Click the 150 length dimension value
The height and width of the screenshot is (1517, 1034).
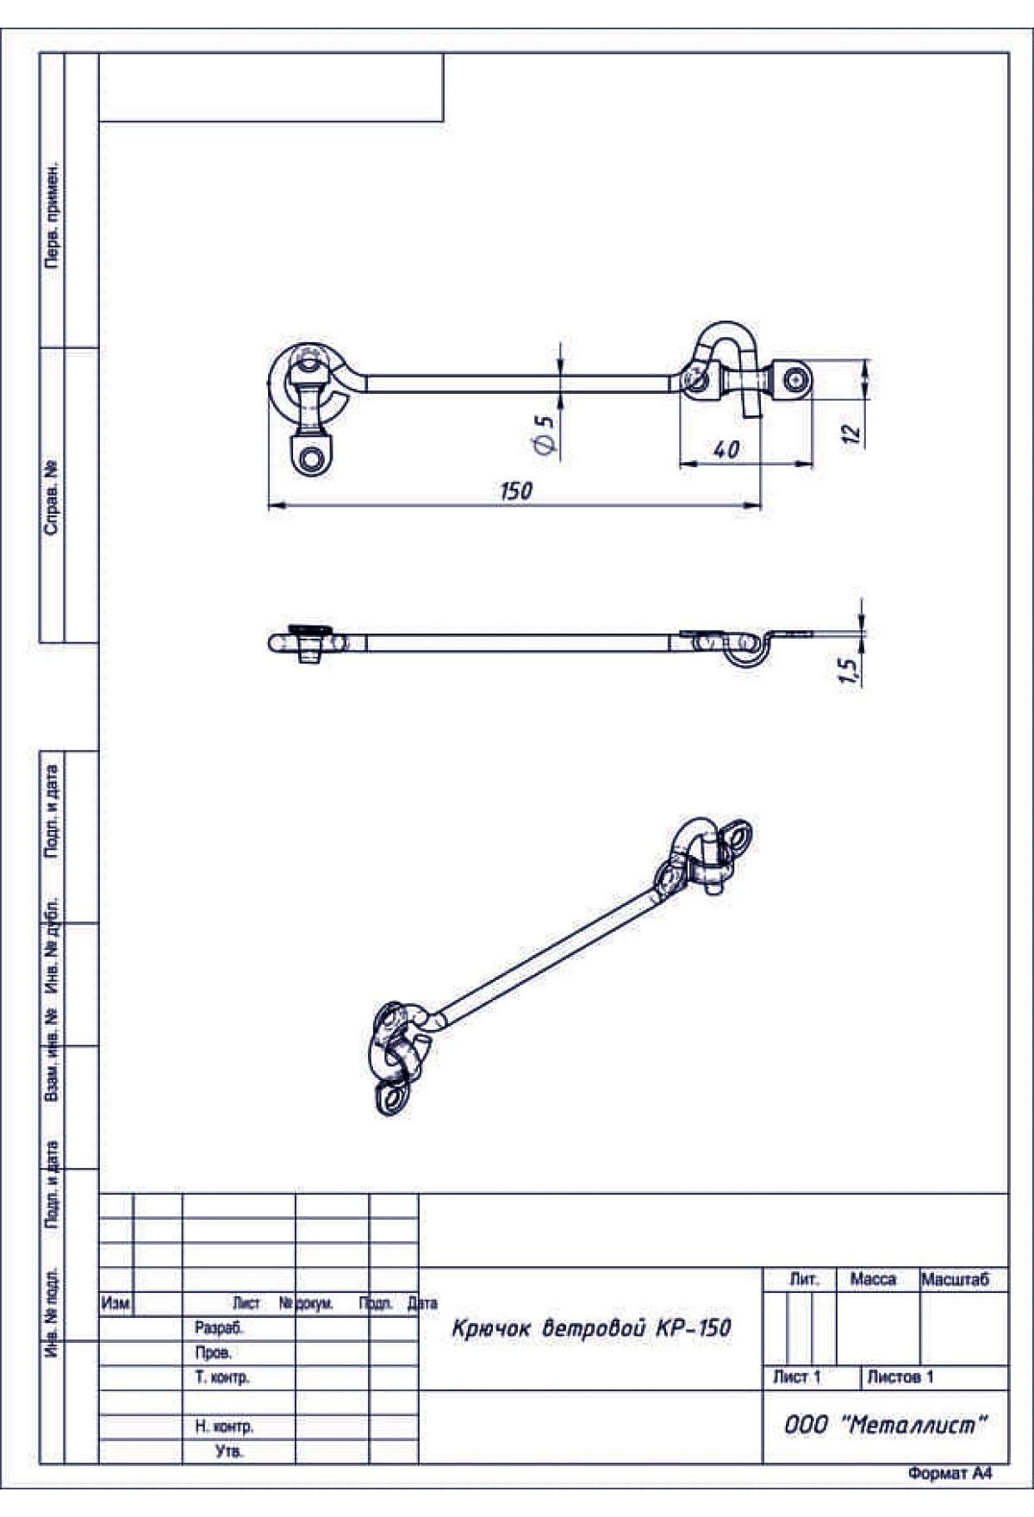(x=516, y=490)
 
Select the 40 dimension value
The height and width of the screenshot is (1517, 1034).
(x=726, y=449)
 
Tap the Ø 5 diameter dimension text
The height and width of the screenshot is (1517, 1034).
(x=544, y=434)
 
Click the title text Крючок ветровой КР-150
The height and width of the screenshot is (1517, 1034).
(x=591, y=1328)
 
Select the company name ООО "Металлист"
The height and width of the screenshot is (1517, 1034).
(x=885, y=1425)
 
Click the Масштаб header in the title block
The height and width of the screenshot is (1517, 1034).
(x=956, y=1280)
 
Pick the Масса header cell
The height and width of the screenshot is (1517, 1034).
(x=873, y=1280)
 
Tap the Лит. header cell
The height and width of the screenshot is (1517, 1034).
(x=804, y=1280)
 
